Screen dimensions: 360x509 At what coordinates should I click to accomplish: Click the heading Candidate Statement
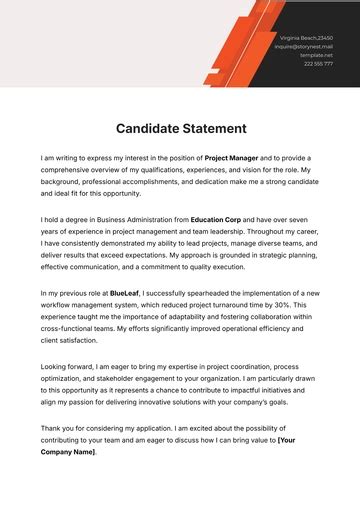[180, 128]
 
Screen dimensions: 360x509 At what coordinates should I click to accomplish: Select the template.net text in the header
[318, 55]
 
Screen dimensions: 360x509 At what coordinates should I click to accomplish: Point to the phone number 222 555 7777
[319, 64]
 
